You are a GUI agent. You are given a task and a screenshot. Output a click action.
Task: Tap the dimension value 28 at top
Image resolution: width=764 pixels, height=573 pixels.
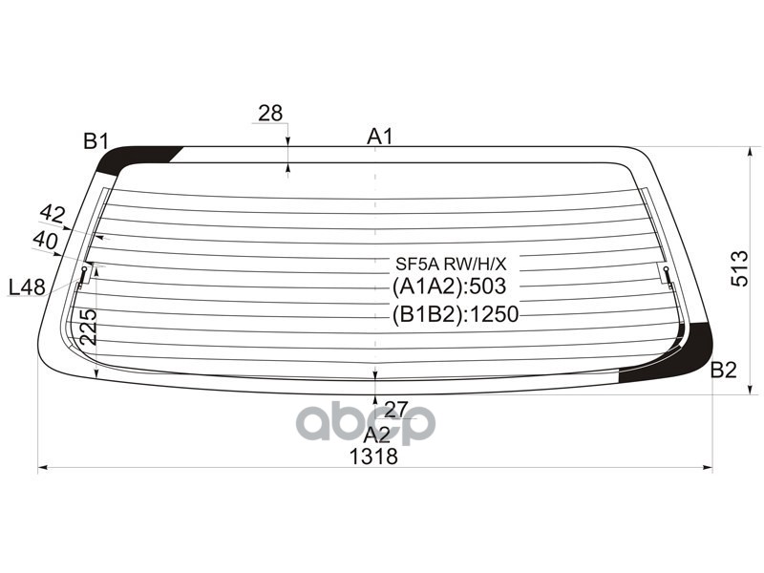pos(270,113)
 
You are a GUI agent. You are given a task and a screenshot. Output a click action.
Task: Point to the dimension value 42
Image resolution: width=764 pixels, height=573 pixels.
pos(53,214)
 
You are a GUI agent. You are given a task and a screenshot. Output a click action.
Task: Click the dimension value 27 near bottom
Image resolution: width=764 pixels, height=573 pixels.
pos(395,410)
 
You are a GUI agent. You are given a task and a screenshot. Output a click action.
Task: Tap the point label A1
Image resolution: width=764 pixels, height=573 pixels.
pos(380,137)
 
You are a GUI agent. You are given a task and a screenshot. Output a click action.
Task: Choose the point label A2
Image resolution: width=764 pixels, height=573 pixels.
pos(376,435)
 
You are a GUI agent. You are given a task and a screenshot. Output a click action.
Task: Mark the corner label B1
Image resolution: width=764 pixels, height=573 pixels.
pos(95,142)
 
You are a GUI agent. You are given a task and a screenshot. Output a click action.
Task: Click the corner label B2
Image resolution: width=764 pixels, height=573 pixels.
pos(724,371)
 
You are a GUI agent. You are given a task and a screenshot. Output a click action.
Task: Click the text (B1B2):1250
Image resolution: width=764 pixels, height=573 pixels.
pos(454,314)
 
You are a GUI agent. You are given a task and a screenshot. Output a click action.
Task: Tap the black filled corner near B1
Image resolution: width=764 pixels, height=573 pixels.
pos(138,157)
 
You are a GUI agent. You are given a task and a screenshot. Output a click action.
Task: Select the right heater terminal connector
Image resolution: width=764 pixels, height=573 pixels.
pos(668,273)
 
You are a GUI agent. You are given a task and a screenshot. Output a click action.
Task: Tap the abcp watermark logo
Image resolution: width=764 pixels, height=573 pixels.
pos(366,423)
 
